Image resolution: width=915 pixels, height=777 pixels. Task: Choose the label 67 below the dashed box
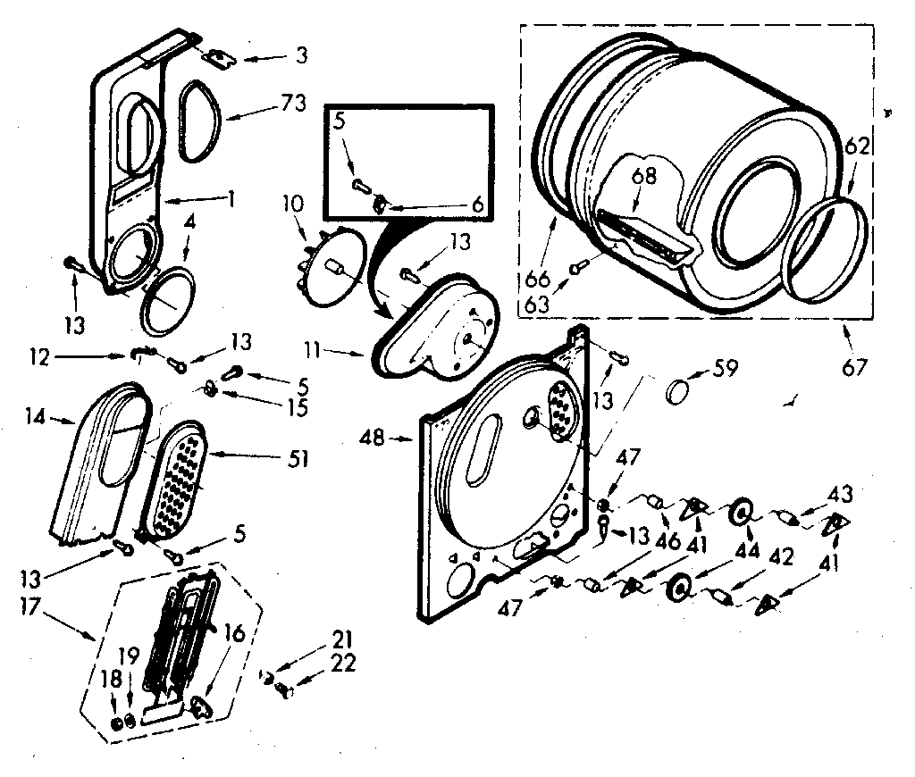point(855,366)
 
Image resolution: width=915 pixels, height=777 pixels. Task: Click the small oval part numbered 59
point(681,390)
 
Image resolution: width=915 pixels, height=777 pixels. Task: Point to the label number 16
point(235,635)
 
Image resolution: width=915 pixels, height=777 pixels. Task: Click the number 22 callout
point(343,663)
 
